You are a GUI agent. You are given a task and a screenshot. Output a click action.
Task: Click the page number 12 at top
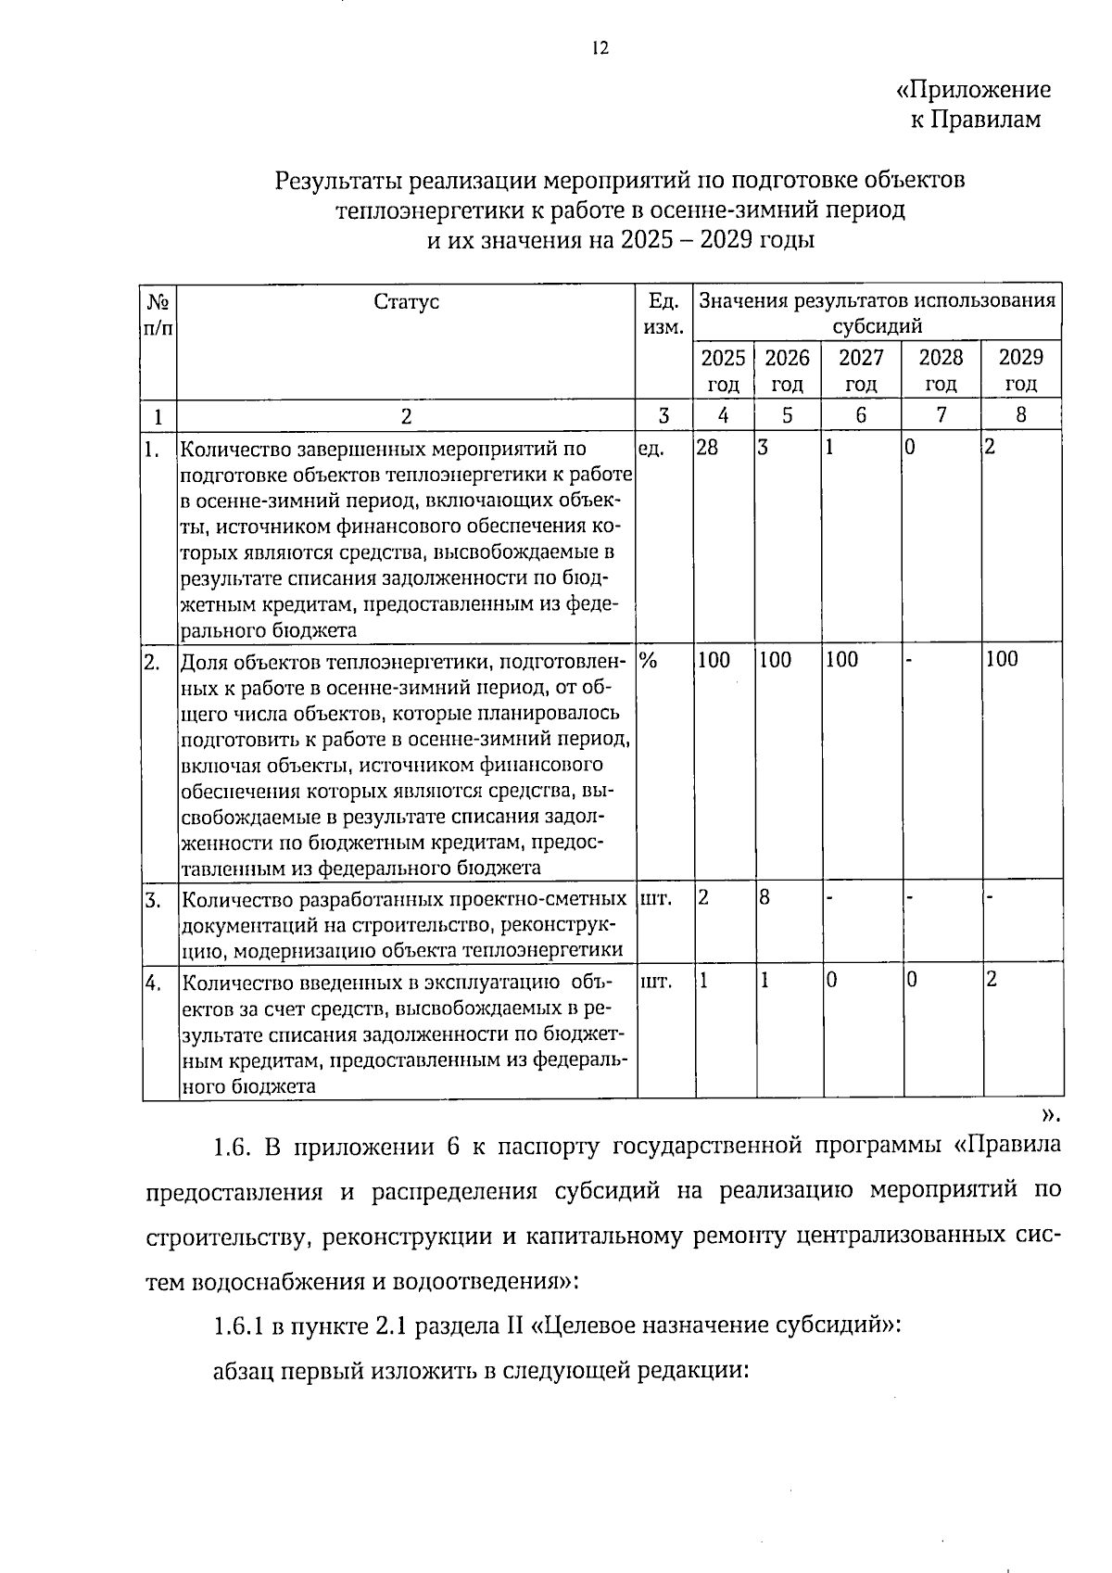pyautogui.click(x=600, y=48)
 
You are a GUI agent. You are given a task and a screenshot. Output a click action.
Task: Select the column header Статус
pyautogui.click(x=406, y=301)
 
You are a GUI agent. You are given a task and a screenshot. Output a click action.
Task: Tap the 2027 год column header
pyautogui.click(x=861, y=370)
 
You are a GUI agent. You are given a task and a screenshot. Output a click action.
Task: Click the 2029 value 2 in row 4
pyautogui.click(x=991, y=979)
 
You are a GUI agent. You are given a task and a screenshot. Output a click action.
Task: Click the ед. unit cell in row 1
pyautogui.click(x=651, y=448)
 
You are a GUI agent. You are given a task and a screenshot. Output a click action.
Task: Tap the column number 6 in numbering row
pyautogui.click(x=861, y=415)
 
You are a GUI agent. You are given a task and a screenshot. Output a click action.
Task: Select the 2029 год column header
pyautogui.click(x=1021, y=370)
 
